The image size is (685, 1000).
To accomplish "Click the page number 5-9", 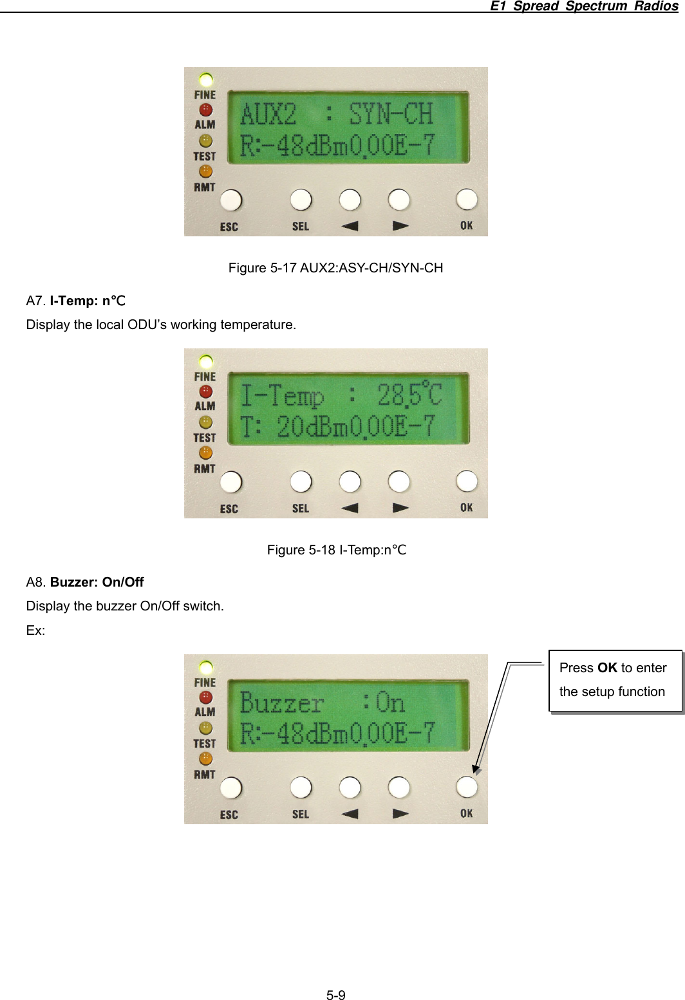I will pos(335,995).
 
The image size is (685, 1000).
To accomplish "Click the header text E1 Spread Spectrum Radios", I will pos(583,6).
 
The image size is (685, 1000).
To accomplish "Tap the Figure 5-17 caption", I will pos(335,268).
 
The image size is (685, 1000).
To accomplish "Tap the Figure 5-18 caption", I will pos(336,550).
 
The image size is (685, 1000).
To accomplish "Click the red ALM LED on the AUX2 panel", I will pos(205,110).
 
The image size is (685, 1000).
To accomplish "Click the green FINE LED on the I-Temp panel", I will pos(205,361).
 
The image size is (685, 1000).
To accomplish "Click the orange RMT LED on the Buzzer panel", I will pos(205,759).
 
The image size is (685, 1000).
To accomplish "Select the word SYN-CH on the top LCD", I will pos(390,115).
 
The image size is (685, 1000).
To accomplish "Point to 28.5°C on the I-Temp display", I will pos(409,395).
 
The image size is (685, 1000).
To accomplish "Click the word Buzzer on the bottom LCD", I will pos(281,703).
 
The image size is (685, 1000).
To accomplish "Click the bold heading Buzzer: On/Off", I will pos(97,582).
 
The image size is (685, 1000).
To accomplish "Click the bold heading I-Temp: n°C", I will pos(88,301).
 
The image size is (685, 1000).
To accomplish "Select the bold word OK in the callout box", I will pos(607,668).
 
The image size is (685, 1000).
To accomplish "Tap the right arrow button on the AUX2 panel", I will pos(399,200).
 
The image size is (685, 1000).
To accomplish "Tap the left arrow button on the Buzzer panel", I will pos(350,788).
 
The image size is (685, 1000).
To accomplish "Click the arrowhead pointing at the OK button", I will pos(476,769).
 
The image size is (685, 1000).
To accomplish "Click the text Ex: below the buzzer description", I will pos(35,630).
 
